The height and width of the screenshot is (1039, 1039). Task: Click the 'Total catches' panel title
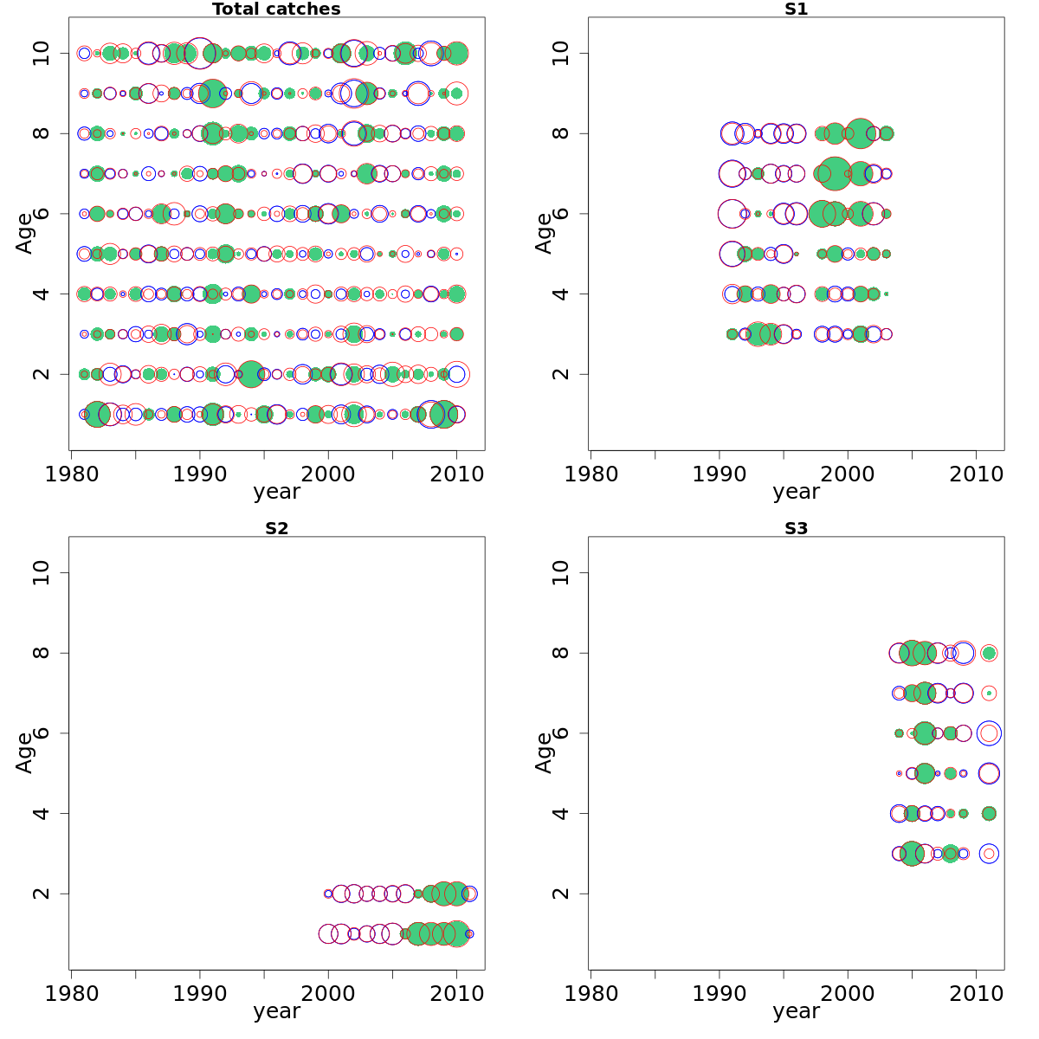[276, 10]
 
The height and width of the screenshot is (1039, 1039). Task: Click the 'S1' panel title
[796, 10]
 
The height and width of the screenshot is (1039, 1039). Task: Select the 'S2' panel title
[276, 528]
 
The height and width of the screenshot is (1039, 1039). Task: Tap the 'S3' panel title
[796, 528]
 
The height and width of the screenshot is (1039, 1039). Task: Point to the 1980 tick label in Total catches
[72, 474]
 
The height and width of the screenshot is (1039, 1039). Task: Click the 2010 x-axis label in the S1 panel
[976, 474]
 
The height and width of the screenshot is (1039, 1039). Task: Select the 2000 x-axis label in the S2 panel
[328, 994]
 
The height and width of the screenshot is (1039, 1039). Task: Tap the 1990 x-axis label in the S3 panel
[719, 994]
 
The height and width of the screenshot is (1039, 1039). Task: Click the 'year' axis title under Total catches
[276, 492]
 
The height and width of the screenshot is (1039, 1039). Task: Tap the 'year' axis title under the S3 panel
[796, 1011]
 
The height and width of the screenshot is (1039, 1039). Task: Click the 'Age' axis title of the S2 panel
[24, 752]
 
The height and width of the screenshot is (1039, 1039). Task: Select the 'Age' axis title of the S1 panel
[544, 233]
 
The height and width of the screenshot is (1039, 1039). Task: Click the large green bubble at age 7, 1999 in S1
[835, 173]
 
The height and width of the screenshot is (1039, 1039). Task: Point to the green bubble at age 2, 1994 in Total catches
[251, 374]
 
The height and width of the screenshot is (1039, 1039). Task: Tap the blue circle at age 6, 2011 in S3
[989, 733]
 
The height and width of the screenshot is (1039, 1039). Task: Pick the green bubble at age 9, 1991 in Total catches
[213, 94]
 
